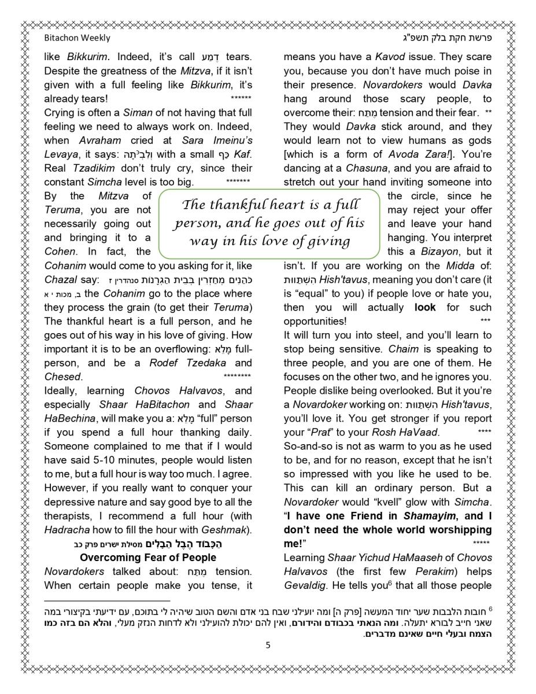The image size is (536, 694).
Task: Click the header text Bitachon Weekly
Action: (x=77, y=38)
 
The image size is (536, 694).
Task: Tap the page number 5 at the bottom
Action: (x=268, y=646)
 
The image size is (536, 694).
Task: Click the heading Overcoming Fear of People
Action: (x=148, y=558)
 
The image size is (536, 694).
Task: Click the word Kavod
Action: (x=390, y=57)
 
